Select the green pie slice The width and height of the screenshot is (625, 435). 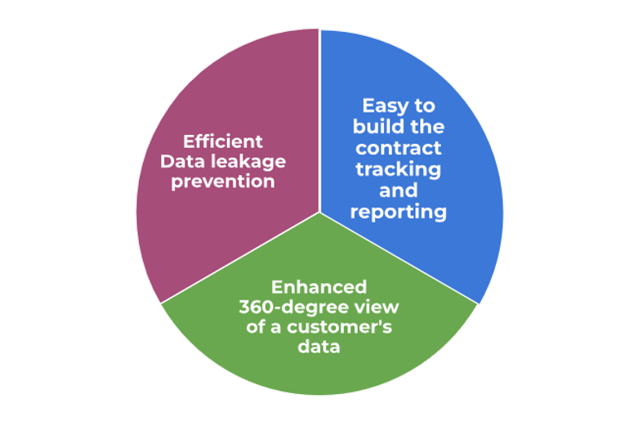[x=319, y=368]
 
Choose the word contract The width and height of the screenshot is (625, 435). [x=399, y=148]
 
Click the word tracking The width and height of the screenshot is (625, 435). [x=399, y=169]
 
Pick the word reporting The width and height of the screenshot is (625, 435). [x=399, y=212]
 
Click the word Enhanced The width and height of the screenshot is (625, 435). [x=319, y=287]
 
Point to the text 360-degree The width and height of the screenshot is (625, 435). [x=285, y=307]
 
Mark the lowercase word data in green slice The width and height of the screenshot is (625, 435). [x=319, y=348]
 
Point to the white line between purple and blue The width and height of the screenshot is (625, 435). [x=319, y=123]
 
